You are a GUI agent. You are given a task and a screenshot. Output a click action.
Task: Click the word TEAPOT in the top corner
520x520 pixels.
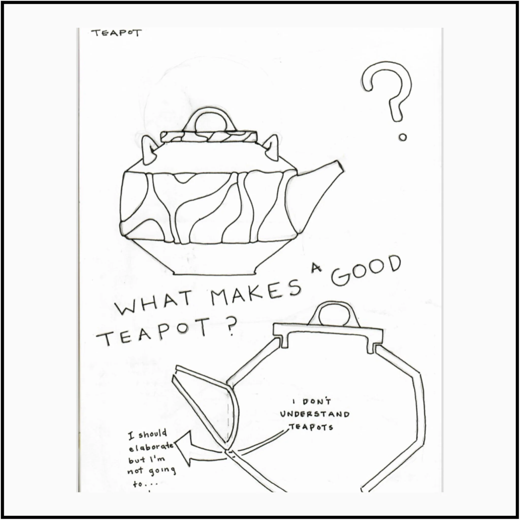(x=116, y=33)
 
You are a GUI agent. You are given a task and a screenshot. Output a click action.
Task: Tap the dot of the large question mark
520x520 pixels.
(x=403, y=138)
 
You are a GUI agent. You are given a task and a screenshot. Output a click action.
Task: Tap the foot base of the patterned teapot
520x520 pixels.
(x=215, y=272)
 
